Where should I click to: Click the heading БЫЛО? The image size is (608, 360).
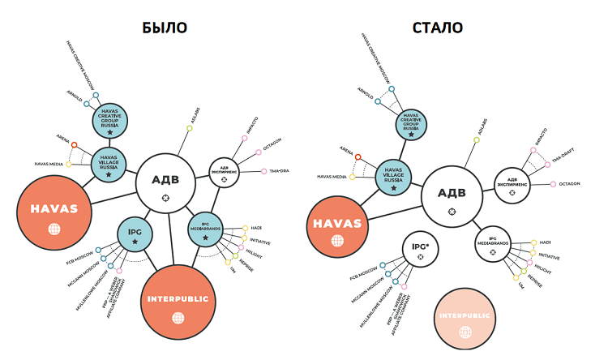point(165,28)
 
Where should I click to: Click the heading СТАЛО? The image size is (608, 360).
point(438,28)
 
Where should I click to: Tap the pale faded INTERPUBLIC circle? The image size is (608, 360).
point(465,319)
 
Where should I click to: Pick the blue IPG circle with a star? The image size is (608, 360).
point(135,236)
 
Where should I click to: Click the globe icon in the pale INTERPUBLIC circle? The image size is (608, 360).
point(465,332)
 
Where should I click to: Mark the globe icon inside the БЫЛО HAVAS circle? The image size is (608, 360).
point(54,229)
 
